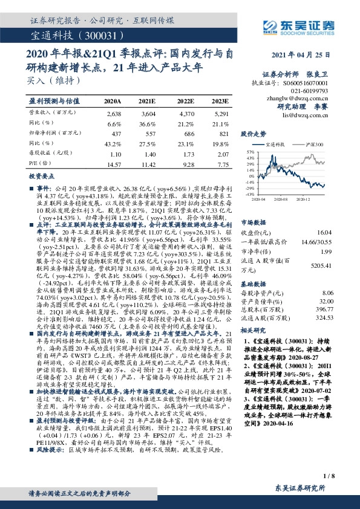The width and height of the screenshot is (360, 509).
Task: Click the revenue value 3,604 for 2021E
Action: (148, 113)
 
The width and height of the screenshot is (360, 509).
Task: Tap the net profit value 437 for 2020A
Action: (114, 132)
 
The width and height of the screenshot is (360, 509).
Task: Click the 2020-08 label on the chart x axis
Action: (282, 198)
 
